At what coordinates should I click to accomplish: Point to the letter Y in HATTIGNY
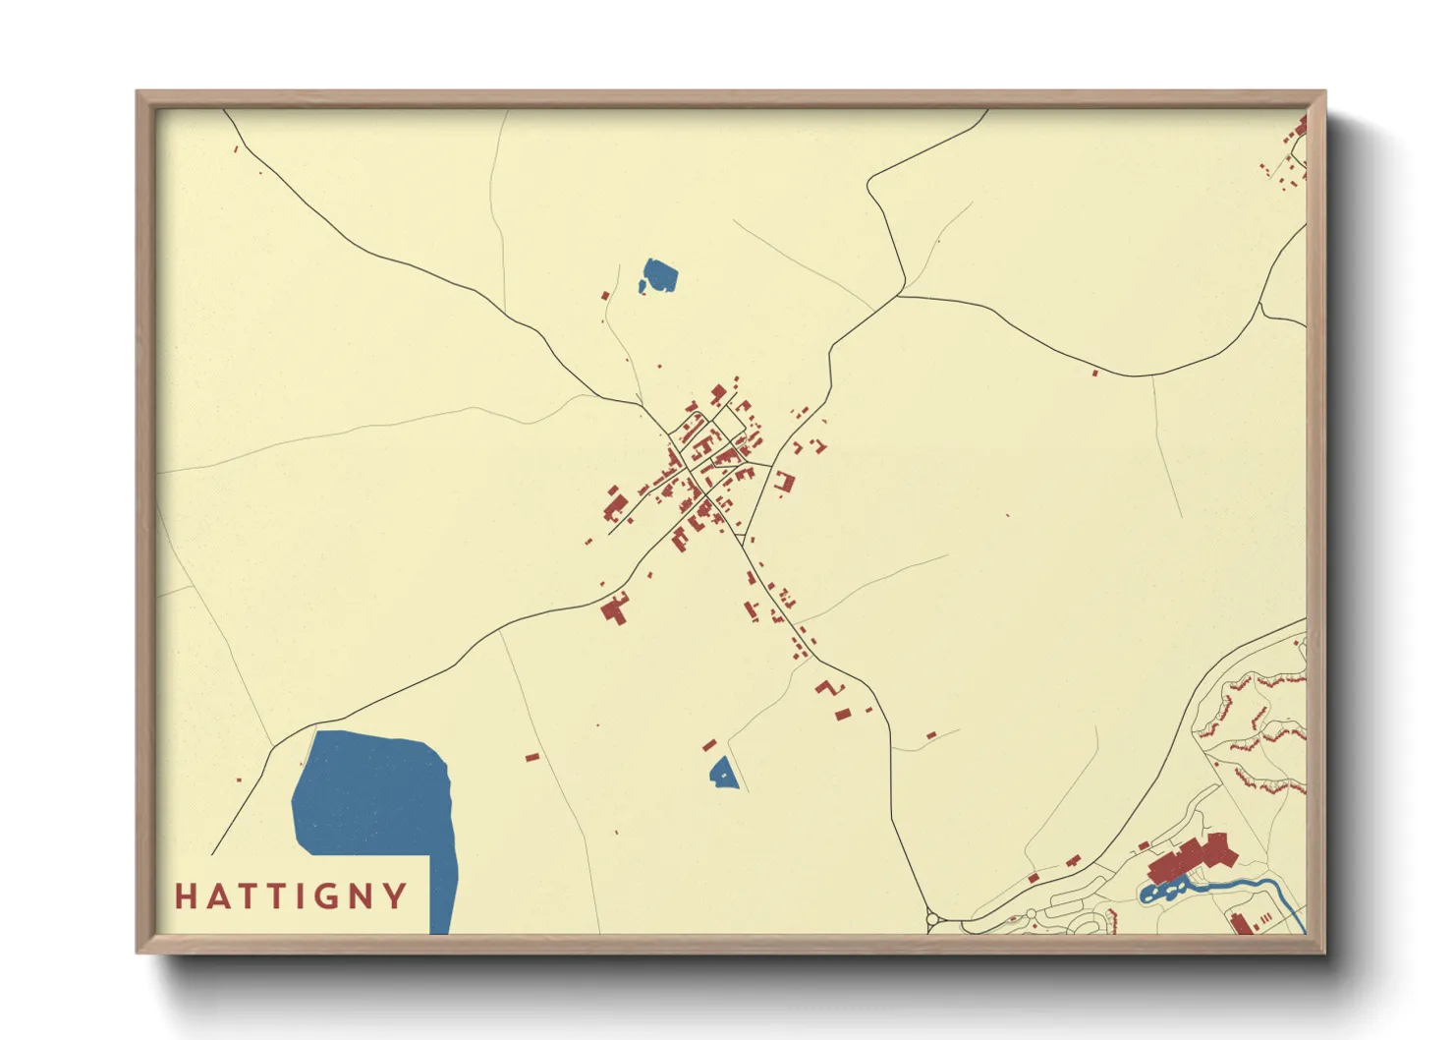[395, 896]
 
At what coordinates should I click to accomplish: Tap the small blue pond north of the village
[659, 275]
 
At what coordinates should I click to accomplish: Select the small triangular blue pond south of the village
[723, 773]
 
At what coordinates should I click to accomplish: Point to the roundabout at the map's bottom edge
[932, 922]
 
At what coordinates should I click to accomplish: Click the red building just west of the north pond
[605, 295]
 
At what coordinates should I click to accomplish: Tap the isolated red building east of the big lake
[531, 757]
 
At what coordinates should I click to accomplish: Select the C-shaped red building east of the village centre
[784, 482]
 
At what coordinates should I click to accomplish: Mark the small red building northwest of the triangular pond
[709, 746]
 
